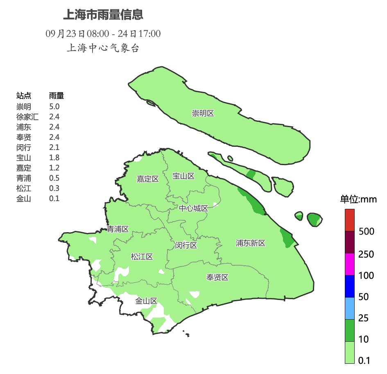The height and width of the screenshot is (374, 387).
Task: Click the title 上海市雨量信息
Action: (x=103, y=15)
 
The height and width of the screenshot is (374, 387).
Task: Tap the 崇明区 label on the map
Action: (x=203, y=113)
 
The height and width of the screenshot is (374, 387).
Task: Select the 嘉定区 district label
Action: (x=147, y=179)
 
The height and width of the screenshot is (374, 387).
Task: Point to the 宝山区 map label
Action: (x=183, y=176)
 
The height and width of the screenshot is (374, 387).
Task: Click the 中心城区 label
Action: (x=193, y=208)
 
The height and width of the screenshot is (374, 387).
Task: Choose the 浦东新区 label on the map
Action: (x=251, y=243)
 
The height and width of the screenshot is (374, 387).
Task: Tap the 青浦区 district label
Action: (x=118, y=229)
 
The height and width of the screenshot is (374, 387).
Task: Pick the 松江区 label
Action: (x=142, y=257)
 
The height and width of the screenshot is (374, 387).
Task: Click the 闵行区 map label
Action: (x=186, y=245)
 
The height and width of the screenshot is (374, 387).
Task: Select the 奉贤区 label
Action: (x=217, y=278)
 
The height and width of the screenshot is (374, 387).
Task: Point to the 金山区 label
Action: (x=146, y=301)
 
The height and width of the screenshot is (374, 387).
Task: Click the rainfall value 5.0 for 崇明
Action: (x=54, y=107)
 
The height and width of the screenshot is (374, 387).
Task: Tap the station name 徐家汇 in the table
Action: (x=27, y=117)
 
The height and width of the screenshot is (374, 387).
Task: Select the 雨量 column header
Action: (x=56, y=96)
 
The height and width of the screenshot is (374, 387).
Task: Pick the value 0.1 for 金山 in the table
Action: (x=54, y=199)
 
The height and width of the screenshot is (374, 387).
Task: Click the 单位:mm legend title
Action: (x=358, y=200)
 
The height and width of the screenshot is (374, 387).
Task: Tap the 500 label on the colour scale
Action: (x=366, y=232)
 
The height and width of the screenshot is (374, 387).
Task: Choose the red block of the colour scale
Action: (x=349, y=220)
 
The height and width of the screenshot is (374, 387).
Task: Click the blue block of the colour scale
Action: (x=349, y=286)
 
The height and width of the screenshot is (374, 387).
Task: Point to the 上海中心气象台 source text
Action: (x=103, y=48)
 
